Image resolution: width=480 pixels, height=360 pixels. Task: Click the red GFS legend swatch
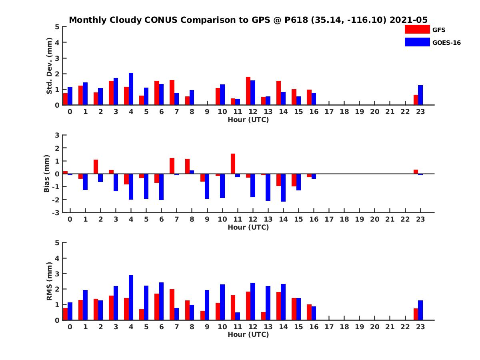(417, 30)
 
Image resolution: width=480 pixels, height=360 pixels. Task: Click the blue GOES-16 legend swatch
(417, 42)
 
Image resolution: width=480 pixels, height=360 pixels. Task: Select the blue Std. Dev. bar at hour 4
(131, 89)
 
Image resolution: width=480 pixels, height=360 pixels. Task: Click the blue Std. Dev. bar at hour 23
(420, 95)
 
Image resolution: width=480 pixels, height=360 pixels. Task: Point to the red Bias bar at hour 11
(233, 164)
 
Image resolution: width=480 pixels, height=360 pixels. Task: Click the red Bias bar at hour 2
(96, 167)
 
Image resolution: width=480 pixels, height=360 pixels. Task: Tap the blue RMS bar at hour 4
(131, 298)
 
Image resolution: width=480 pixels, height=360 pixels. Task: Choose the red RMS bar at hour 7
(172, 304)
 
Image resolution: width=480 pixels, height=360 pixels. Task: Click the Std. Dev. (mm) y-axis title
(49, 66)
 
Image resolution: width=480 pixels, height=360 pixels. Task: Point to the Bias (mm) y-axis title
(47, 173)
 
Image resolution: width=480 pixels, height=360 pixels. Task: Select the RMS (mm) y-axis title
(49, 281)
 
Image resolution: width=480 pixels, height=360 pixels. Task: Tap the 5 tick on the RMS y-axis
(58, 243)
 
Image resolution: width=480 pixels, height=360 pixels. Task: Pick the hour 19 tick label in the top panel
(360, 112)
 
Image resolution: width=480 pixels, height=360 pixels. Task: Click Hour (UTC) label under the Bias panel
(248, 227)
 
